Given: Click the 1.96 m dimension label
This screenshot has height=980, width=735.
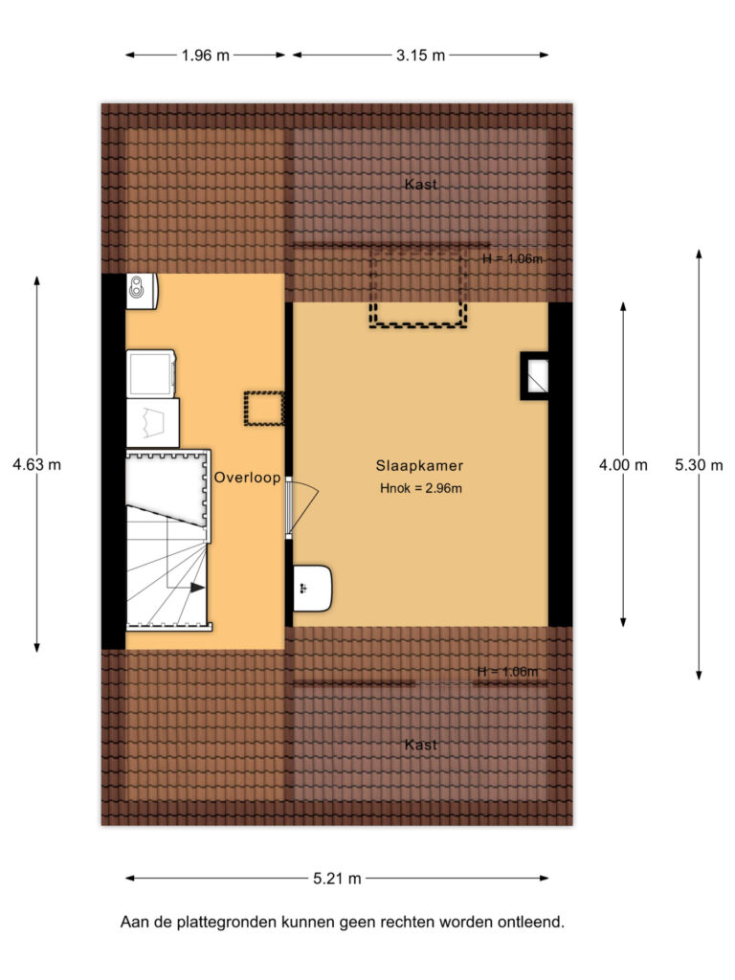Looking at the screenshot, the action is pyautogui.click(x=206, y=56).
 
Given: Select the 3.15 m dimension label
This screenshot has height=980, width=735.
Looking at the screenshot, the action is pyautogui.click(x=421, y=56).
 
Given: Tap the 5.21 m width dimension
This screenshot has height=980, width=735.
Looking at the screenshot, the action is pyautogui.click(x=338, y=879).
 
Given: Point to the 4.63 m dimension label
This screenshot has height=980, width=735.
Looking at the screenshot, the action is pyautogui.click(x=37, y=465).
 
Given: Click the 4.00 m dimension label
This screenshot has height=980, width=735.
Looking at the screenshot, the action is pyautogui.click(x=623, y=465).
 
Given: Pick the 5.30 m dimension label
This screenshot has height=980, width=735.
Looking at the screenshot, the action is pyautogui.click(x=699, y=465).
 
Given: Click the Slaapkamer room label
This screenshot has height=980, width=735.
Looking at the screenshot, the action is pyautogui.click(x=419, y=466).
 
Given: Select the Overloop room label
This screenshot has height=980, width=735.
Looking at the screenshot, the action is pyautogui.click(x=248, y=478).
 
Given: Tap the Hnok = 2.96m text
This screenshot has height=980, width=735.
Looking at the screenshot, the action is pyautogui.click(x=421, y=489).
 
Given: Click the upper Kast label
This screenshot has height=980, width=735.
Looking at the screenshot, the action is pyautogui.click(x=421, y=185).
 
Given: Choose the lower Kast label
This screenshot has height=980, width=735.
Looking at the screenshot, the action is pyautogui.click(x=421, y=745).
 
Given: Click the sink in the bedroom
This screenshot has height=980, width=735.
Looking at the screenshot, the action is pyautogui.click(x=313, y=589).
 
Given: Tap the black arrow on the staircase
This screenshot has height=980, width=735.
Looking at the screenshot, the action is pyautogui.click(x=197, y=588).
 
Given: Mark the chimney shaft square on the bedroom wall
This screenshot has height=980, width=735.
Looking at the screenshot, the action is pyautogui.click(x=534, y=375).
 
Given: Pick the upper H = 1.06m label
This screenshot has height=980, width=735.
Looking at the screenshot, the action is pyautogui.click(x=513, y=258).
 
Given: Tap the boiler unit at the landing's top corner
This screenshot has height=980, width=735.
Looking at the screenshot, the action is pyautogui.click(x=142, y=291).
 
